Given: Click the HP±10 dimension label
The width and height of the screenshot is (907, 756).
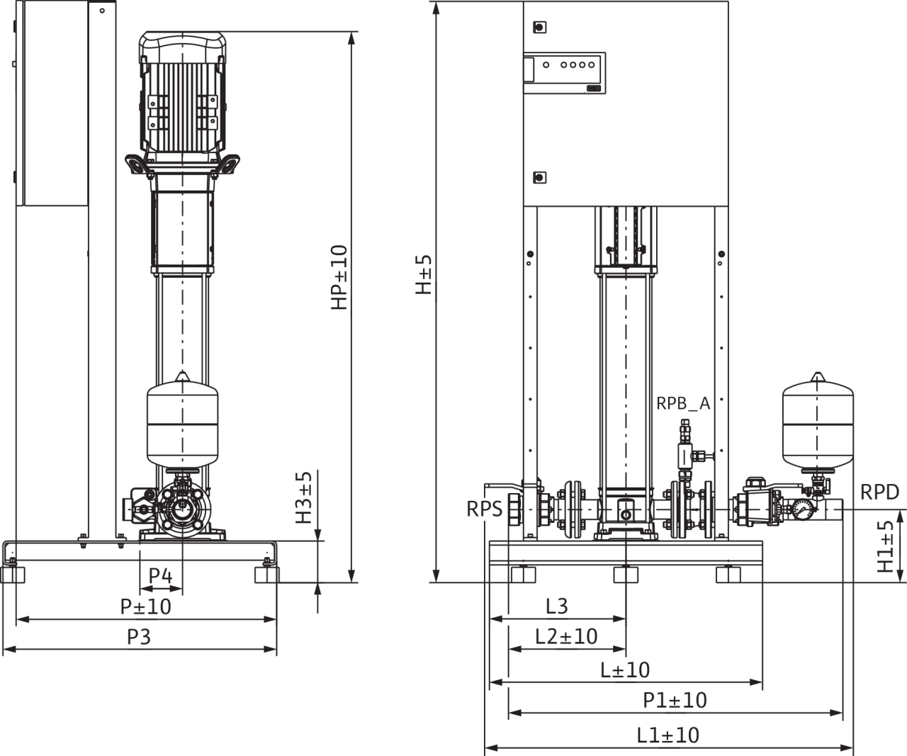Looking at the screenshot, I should tap(339, 277).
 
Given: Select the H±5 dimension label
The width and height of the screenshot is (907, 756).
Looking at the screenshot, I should tap(424, 275).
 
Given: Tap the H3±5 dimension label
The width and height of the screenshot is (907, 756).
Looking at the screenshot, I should tap(303, 497).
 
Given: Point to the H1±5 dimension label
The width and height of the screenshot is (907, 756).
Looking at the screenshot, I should tap(885, 546).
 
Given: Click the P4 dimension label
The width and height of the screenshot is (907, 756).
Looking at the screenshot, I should tap(162, 577).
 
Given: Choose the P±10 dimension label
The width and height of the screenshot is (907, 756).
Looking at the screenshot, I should tap(145, 607).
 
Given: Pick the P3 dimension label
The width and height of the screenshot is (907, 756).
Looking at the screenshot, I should tap(139, 638).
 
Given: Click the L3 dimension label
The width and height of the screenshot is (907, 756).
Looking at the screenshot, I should tap(557, 606).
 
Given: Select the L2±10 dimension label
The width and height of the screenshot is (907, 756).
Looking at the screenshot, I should tap(566, 636).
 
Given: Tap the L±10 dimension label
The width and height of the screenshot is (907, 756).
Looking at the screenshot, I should tap(625, 670).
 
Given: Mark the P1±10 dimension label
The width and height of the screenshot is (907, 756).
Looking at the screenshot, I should tap(675, 701).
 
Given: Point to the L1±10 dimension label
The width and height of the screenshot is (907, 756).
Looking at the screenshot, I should tap(667, 735).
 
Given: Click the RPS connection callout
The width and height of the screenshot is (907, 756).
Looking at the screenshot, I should tap(484, 509).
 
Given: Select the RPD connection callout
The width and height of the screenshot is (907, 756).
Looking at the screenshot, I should tap(879, 492).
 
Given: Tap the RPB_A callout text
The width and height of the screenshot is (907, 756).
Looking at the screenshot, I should tap(683, 404).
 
